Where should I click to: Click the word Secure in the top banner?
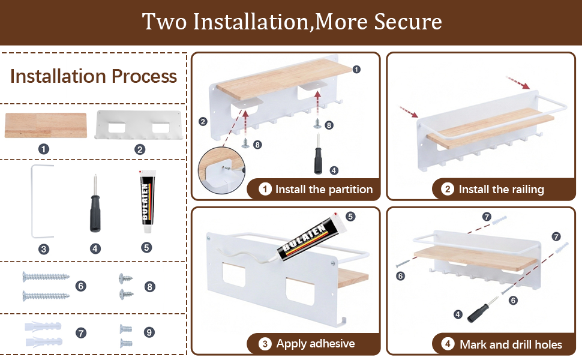tap(407, 22)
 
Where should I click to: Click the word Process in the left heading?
tap(144, 76)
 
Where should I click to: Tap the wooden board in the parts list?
tap(46, 125)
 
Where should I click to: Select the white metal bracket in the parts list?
tap(139, 125)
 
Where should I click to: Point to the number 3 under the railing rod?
tap(44, 249)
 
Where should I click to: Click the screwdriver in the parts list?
tap(95, 203)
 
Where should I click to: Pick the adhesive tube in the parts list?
tap(148, 201)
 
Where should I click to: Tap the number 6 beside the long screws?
tap(80, 286)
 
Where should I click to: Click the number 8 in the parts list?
tap(149, 287)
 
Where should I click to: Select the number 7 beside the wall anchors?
tap(81, 332)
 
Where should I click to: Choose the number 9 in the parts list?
tap(149, 332)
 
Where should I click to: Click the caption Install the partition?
tap(323, 189)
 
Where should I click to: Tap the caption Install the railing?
tap(501, 189)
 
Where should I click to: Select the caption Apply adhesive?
tap(316, 344)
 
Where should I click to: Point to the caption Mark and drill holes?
tap(511, 344)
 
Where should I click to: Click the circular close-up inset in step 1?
tap(221, 170)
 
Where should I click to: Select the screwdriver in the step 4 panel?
tap(482, 310)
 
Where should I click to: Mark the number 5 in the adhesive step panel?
tap(350, 217)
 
